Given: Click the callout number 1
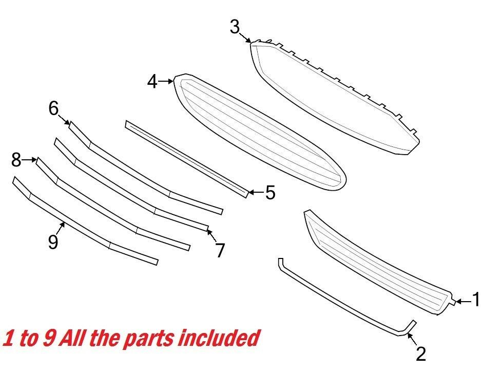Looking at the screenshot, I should [475, 300].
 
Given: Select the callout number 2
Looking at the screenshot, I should [420, 354].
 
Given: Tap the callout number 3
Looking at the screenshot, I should [235, 26].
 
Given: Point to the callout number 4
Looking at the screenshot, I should [152, 81].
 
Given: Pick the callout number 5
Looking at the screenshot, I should [270, 193].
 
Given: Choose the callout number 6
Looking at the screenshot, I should [54, 108].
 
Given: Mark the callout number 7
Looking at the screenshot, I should [220, 250].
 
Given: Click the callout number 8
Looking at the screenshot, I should [16, 160].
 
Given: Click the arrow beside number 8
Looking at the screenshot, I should [30, 160].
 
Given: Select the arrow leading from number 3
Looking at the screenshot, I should [245, 36].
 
